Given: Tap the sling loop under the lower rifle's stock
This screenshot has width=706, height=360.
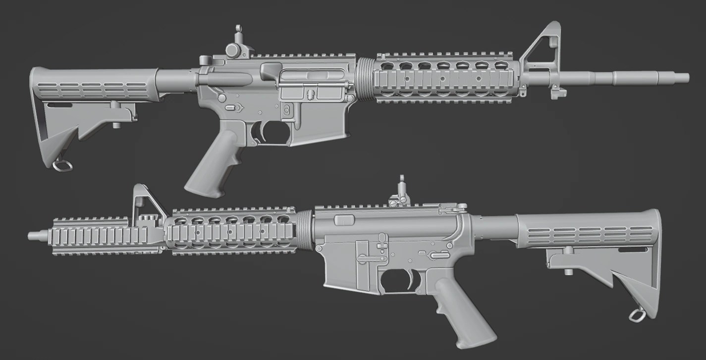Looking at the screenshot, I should point(637,314).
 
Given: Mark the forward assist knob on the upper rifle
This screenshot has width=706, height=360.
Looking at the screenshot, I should point(271,70).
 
